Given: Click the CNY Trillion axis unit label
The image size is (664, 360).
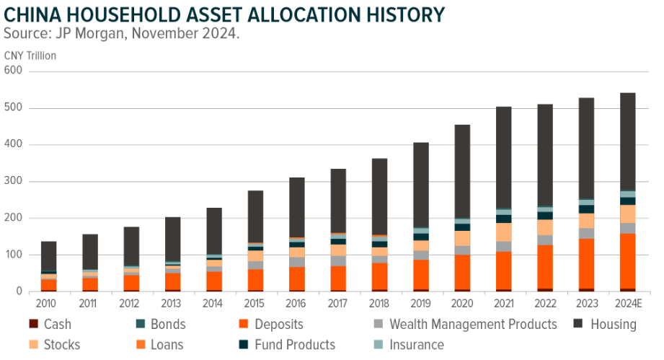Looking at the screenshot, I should click(x=30, y=55).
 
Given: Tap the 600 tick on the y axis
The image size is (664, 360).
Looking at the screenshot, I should click(x=13, y=71).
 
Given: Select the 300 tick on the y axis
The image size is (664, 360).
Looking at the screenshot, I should click(x=13, y=182).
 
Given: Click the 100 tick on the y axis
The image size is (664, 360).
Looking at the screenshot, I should click(x=13, y=255).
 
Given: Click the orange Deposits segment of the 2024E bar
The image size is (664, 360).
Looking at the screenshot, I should click(x=627, y=260).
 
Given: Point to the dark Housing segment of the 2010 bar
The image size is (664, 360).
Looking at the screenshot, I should click(x=48, y=256).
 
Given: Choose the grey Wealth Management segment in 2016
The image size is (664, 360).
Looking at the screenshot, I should click(x=296, y=262).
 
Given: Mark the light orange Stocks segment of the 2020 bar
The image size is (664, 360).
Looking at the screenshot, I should click(x=462, y=238).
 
